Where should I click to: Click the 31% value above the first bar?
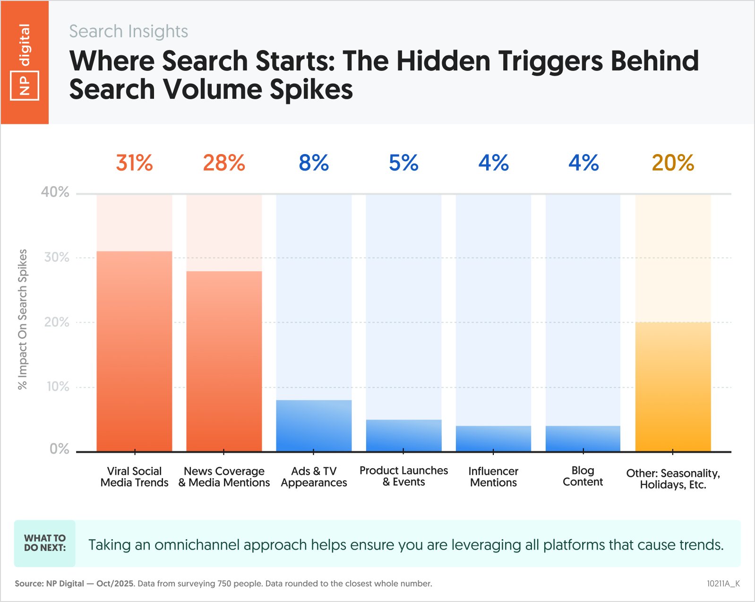135,163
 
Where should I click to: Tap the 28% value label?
224,163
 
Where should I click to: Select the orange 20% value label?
673,163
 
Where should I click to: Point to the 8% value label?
314,163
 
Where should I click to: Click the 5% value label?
403,163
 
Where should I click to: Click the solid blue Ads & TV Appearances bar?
314,426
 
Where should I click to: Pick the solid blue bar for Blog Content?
583,439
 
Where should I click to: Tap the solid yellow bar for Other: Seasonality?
673,387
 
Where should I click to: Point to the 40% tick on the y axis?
55,192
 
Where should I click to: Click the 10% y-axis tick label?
58,387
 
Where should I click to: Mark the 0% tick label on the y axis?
60,449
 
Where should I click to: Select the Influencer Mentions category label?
493,477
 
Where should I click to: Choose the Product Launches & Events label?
403,476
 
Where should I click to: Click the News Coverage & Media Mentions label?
224,477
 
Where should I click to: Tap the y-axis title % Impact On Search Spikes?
22,319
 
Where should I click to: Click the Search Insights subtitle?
129,31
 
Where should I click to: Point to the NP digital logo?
25,62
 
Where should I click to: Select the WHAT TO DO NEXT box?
45,543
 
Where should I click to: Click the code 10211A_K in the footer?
723,584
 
